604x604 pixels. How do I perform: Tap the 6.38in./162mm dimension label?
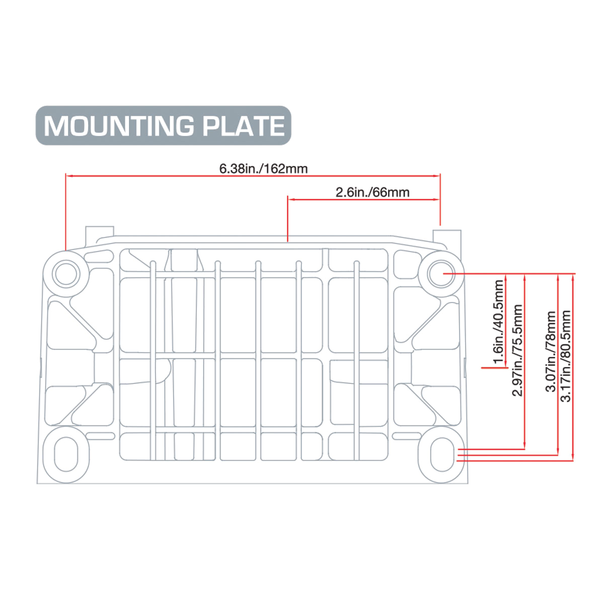(x=263, y=168)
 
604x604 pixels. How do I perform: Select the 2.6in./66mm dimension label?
(x=372, y=192)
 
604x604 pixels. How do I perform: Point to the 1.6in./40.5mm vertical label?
(x=498, y=322)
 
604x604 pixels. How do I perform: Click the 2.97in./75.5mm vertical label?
(x=517, y=350)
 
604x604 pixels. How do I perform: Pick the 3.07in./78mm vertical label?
(x=551, y=351)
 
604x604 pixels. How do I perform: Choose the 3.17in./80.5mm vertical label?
(x=566, y=356)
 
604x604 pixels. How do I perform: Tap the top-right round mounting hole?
(x=441, y=274)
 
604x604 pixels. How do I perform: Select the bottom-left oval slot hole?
(x=65, y=454)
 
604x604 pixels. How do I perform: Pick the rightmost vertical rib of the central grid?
(x=357, y=360)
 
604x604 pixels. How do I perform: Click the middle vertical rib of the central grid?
(x=258, y=360)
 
